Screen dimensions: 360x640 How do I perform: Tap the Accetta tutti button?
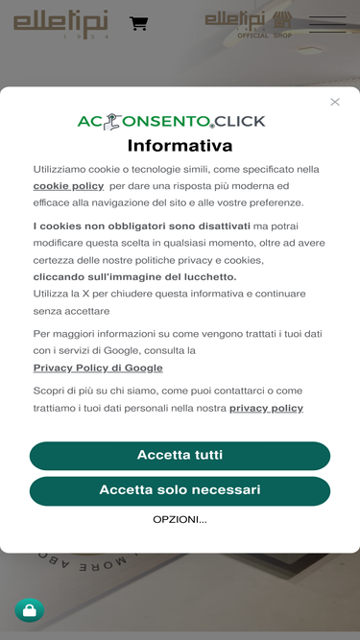(x=180, y=455)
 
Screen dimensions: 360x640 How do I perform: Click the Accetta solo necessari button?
(x=180, y=490)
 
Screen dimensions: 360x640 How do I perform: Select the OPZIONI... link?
(x=180, y=519)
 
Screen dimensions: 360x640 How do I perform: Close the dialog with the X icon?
(x=335, y=102)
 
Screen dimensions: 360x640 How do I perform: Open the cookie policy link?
(x=68, y=186)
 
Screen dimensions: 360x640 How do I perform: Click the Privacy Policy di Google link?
(x=98, y=367)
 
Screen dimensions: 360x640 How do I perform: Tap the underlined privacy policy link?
(x=266, y=408)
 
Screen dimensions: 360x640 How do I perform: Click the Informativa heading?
(x=180, y=146)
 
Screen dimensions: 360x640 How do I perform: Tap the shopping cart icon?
(x=139, y=23)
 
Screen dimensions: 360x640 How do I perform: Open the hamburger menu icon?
(x=326, y=24)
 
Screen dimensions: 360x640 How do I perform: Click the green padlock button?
(x=29, y=610)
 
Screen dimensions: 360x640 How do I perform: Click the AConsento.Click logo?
(x=171, y=122)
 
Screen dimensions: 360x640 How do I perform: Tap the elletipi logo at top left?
(x=60, y=24)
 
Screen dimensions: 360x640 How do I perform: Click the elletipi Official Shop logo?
(x=248, y=24)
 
